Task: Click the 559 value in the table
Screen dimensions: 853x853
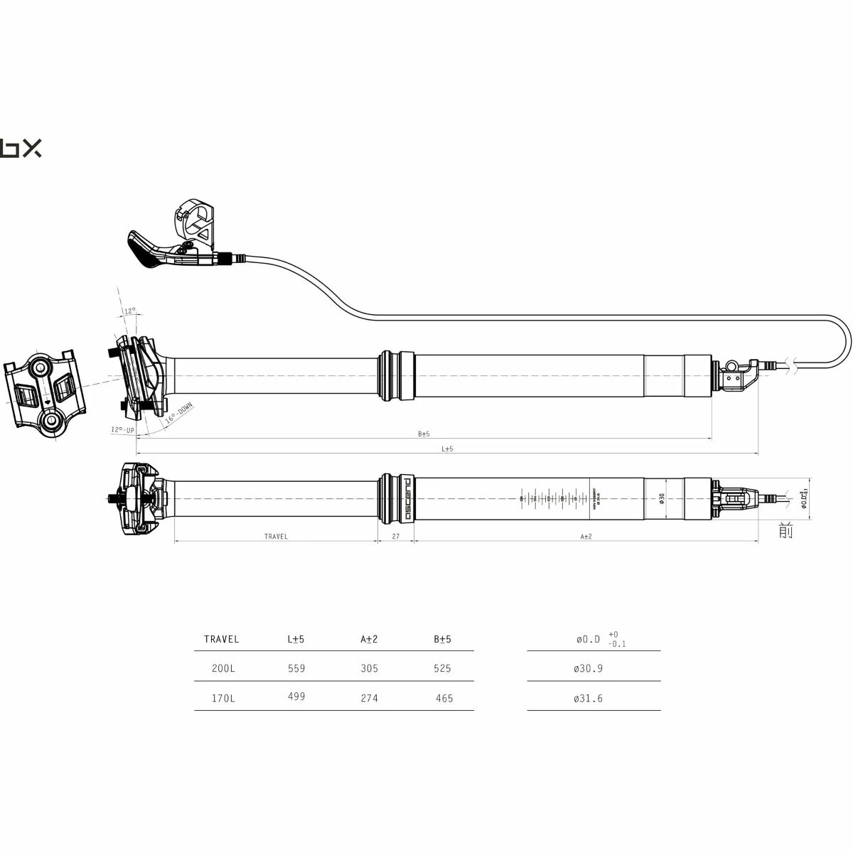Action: point(296,668)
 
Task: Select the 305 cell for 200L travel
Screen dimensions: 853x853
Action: point(369,668)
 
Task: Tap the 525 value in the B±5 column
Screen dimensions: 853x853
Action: point(442,668)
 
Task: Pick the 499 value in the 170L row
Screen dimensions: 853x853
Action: point(296,697)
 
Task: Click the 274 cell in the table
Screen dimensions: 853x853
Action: point(369,698)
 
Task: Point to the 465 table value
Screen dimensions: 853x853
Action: point(444,698)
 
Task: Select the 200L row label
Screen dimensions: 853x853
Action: point(223,668)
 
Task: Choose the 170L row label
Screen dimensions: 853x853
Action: point(223,698)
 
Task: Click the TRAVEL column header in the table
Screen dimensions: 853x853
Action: point(221,639)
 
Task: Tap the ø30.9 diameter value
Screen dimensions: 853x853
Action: point(588,668)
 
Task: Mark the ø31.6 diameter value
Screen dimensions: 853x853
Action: point(588,698)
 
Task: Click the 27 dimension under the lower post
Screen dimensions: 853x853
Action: point(395,537)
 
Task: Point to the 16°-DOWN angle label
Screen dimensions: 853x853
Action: point(178,414)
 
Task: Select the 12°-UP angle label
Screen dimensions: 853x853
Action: point(122,429)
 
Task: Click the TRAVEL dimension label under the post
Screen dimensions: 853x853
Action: point(276,537)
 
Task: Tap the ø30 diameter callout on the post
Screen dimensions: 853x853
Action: point(661,498)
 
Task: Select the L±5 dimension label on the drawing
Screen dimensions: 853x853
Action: point(447,449)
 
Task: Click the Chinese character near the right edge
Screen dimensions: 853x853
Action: point(785,530)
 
